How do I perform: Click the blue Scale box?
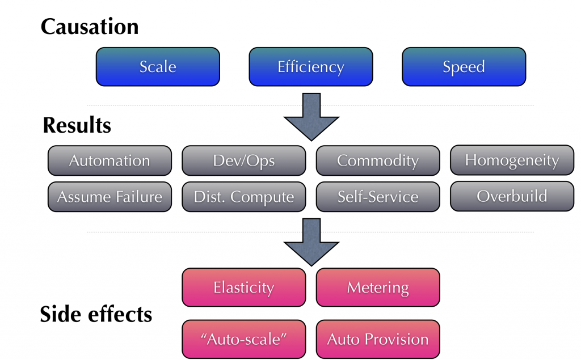tap(158, 66)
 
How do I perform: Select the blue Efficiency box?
tap(310, 66)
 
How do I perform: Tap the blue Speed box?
tap(464, 66)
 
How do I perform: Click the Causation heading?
tap(90, 27)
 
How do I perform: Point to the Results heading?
tap(77, 125)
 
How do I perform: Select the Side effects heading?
tap(96, 314)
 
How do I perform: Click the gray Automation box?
tap(110, 160)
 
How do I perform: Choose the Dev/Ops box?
tap(243, 160)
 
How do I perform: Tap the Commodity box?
tap(377, 160)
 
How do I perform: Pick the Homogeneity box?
tap(512, 160)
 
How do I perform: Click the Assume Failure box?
tap(110, 197)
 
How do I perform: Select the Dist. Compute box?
tap(243, 197)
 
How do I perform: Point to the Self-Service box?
tap(377, 197)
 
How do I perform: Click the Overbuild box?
tap(512, 196)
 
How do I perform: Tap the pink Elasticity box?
tap(243, 287)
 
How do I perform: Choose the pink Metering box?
tap(377, 287)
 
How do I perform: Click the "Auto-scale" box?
tap(243, 339)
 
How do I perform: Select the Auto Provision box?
tap(377, 339)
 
